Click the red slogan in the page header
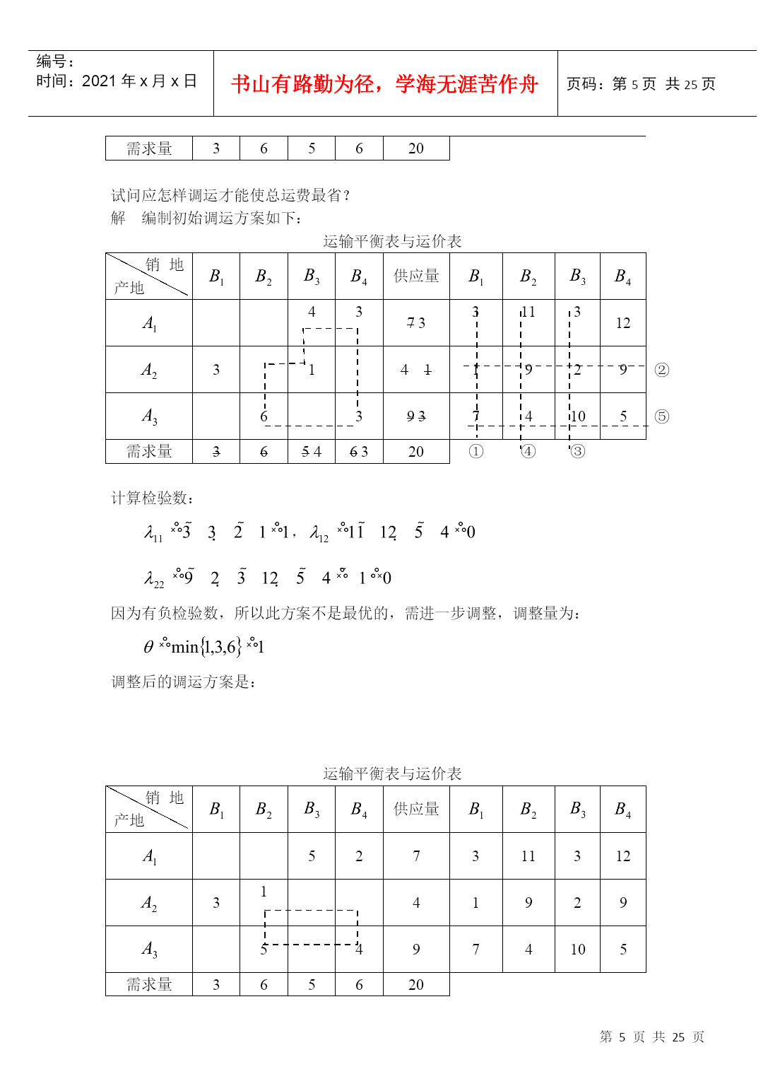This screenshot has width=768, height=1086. tap(385, 84)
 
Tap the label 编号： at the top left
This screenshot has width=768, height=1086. tap(55, 62)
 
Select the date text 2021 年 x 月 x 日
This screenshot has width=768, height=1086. tap(139, 81)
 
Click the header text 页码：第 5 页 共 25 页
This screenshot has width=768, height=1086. tap(641, 84)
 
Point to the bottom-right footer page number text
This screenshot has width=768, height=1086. tap(651, 1037)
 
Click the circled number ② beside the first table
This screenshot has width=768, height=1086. tap(661, 370)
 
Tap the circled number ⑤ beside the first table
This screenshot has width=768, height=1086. tap(661, 416)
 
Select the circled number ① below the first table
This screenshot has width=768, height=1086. tap(476, 451)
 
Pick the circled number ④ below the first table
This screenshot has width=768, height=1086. tap(528, 451)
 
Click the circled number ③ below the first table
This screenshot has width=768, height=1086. tap(577, 451)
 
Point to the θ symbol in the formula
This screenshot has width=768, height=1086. tap(148, 647)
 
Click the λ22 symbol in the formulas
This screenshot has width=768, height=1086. tap(153, 579)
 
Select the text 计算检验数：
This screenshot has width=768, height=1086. tap(153, 498)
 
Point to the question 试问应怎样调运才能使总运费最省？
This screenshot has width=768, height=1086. tap(231, 195)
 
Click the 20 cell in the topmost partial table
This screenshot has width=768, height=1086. tap(416, 148)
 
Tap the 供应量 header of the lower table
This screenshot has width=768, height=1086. tap(416, 809)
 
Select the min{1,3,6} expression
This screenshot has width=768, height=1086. tap(206, 647)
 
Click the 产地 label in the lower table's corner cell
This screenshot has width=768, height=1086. tap(129, 820)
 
